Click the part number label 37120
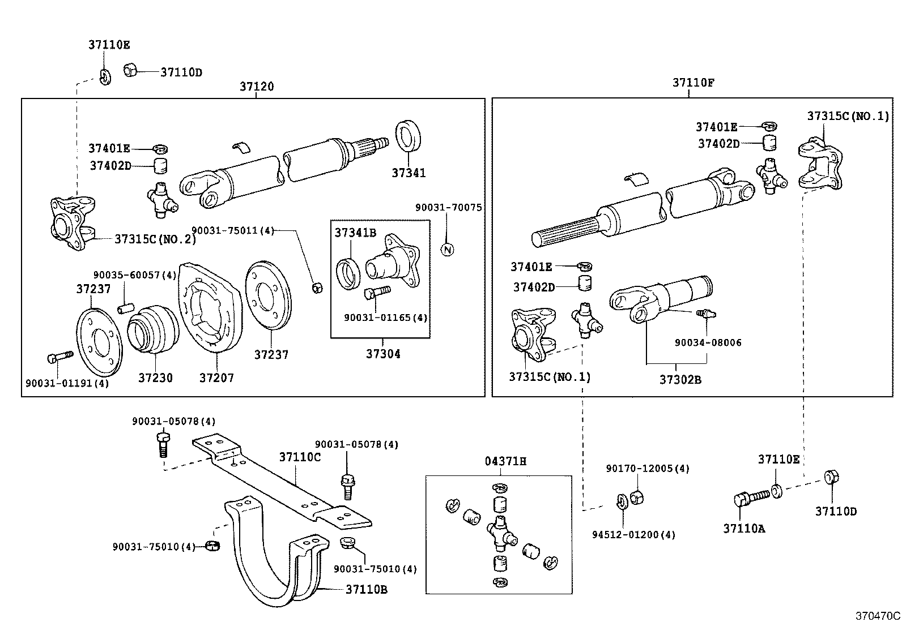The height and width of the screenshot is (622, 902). pyautogui.click(x=256, y=87)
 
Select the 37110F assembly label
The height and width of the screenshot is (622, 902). pyautogui.click(x=693, y=83)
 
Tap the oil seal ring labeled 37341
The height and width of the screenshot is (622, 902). pyautogui.click(x=409, y=136)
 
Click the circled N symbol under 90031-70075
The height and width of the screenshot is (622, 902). pyautogui.click(x=448, y=249)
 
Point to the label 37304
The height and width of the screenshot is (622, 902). pyautogui.click(x=382, y=354)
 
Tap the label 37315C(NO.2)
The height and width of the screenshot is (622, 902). pyautogui.click(x=155, y=239)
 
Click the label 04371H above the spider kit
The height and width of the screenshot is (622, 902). pyautogui.click(x=505, y=461)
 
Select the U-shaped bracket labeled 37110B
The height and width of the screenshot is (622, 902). pyautogui.click(x=266, y=560)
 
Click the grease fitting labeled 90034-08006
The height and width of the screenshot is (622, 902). pyautogui.click(x=705, y=312)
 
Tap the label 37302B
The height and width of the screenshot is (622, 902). pyautogui.click(x=680, y=379)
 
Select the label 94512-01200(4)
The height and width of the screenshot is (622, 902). pyautogui.click(x=634, y=535)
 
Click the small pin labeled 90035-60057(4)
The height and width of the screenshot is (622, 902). pyautogui.click(x=125, y=308)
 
